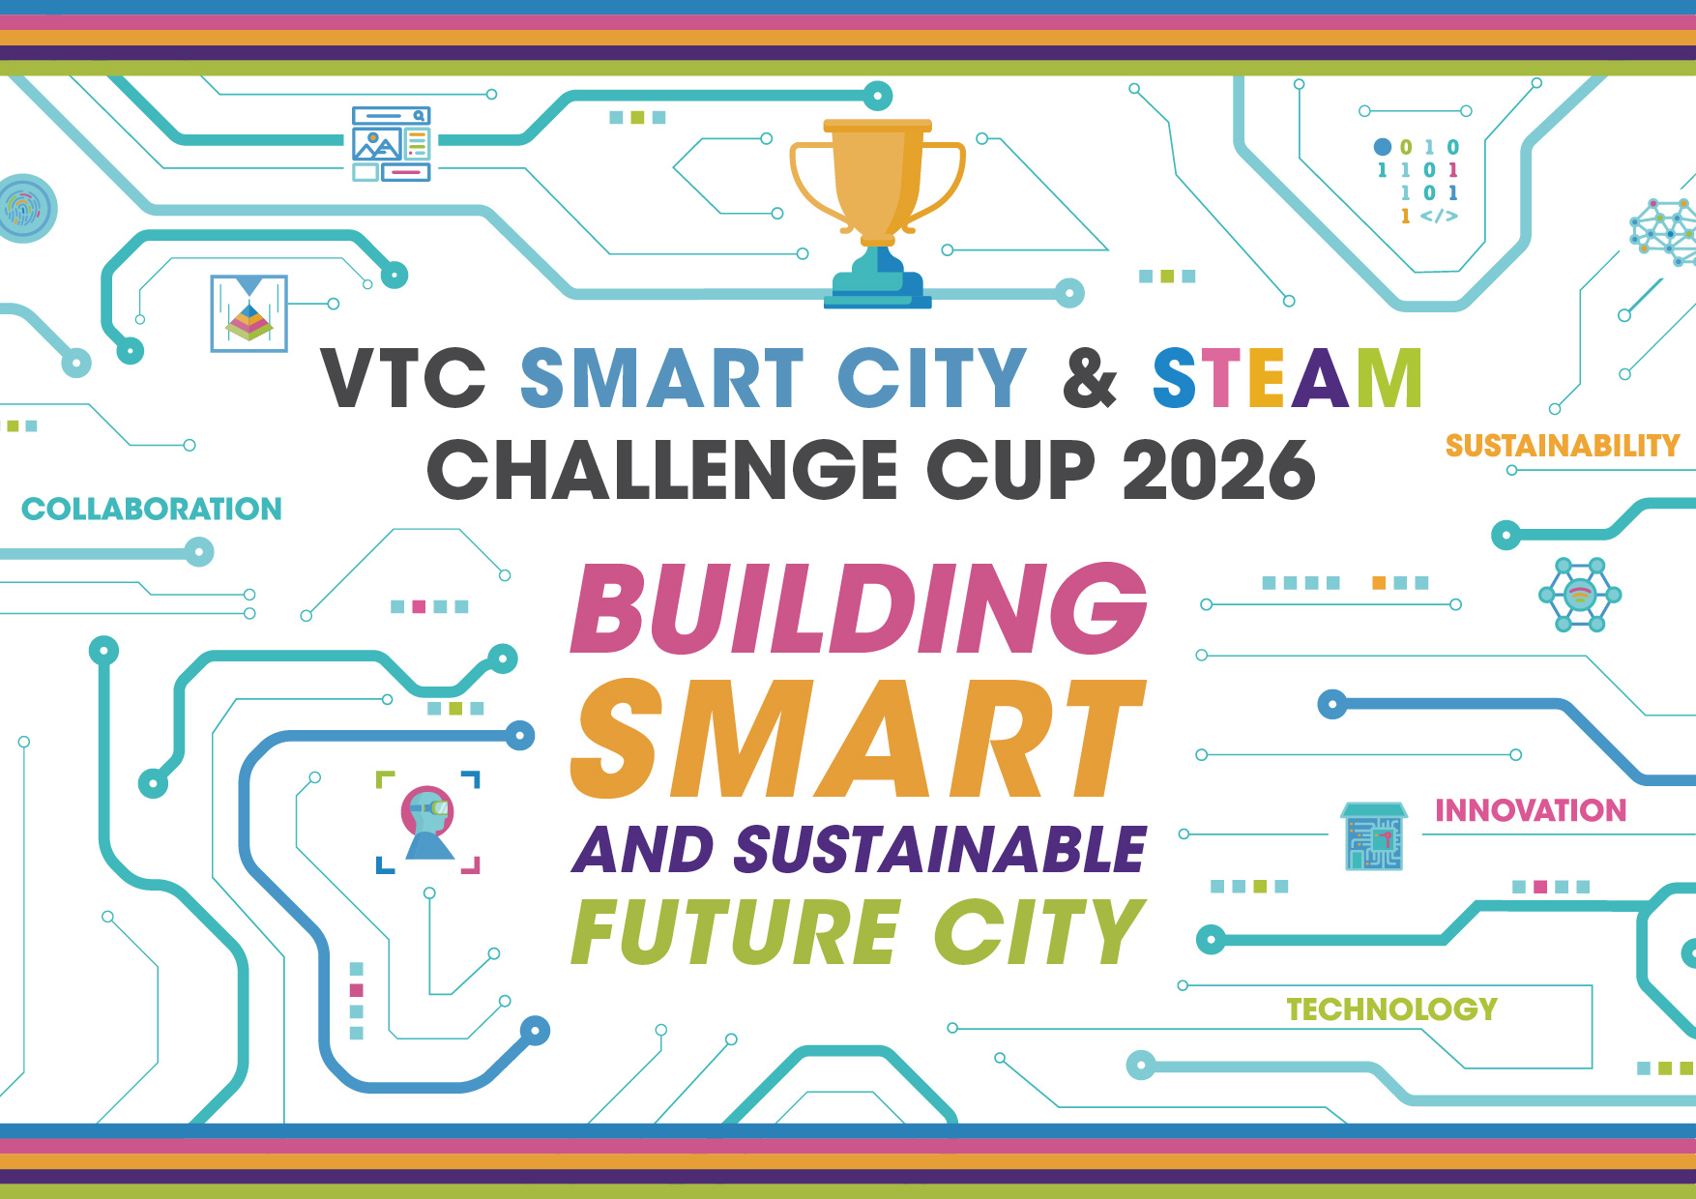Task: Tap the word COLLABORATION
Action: click(152, 509)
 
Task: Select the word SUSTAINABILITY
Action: click(1563, 446)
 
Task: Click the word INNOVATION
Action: click(1531, 810)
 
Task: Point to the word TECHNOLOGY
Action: click(1391, 1009)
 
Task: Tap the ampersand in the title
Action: click(1090, 377)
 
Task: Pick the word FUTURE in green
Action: click(736, 931)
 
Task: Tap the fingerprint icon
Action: click(25, 208)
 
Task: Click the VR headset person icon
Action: click(428, 822)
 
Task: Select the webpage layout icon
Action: click(392, 144)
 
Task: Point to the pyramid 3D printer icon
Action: click(249, 313)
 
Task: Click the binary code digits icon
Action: click(1418, 181)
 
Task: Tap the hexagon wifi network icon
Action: click(1580, 595)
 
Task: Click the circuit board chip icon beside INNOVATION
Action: click(1373, 836)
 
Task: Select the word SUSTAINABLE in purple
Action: click(940, 850)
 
